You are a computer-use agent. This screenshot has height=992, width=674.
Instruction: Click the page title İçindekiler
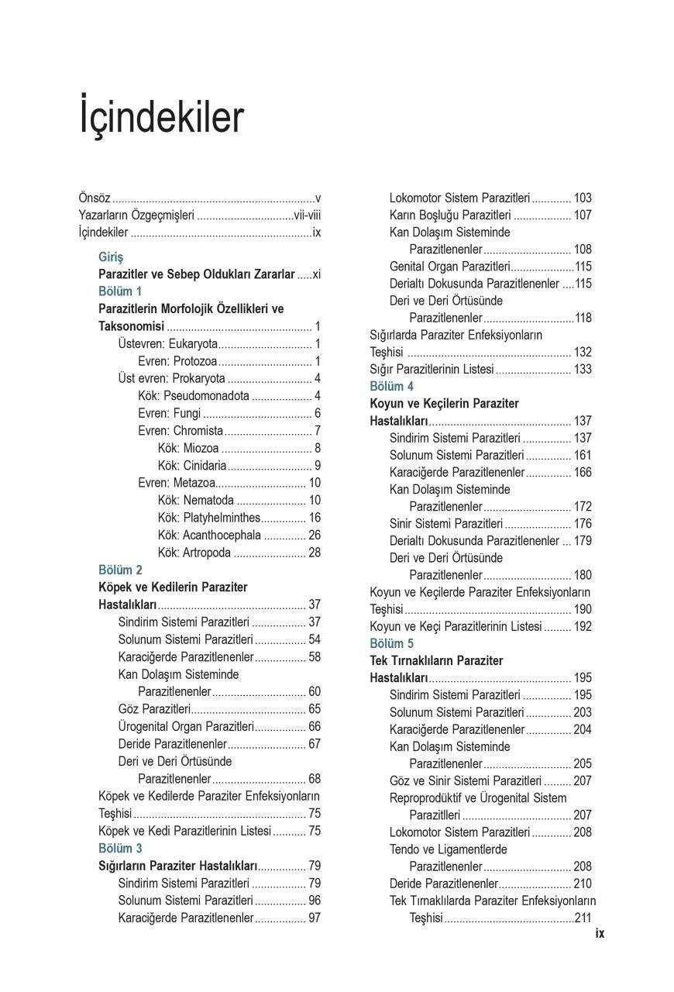pyautogui.click(x=161, y=117)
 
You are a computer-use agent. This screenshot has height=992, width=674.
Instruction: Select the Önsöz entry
pyautogui.click(x=95, y=198)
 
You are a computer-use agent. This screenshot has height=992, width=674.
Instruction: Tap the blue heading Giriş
pyautogui.click(x=111, y=257)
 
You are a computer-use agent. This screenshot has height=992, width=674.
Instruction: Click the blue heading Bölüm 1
pyautogui.click(x=120, y=291)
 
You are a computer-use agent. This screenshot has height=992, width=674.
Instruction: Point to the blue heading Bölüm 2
pyautogui.click(x=120, y=570)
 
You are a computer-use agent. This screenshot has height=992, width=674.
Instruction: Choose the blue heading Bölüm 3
pyautogui.click(x=120, y=848)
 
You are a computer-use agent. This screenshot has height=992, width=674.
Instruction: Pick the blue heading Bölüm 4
pyautogui.click(x=391, y=386)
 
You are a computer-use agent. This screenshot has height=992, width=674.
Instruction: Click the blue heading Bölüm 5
pyautogui.click(x=391, y=643)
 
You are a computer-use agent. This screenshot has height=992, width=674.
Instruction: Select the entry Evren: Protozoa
pyautogui.click(x=177, y=361)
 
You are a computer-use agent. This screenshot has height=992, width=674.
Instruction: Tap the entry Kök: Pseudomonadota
pyautogui.click(x=194, y=396)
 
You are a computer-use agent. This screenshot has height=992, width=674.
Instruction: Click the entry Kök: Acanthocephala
pyautogui.click(x=209, y=535)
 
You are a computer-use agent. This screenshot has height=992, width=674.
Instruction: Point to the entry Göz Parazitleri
pyautogui.click(x=154, y=708)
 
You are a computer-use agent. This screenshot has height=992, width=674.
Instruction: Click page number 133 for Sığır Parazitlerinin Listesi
pyautogui.click(x=582, y=369)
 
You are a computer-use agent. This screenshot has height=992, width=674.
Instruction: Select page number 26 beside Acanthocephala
pyautogui.click(x=315, y=535)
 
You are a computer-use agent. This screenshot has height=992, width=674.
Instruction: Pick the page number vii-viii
pyautogui.click(x=307, y=215)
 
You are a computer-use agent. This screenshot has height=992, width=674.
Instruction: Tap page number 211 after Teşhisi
pyautogui.click(x=583, y=918)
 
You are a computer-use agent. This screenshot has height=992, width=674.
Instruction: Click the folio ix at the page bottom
pyautogui.click(x=600, y=934)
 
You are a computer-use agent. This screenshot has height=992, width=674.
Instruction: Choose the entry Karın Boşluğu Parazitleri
pyautogui.click(x=450, y=215)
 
